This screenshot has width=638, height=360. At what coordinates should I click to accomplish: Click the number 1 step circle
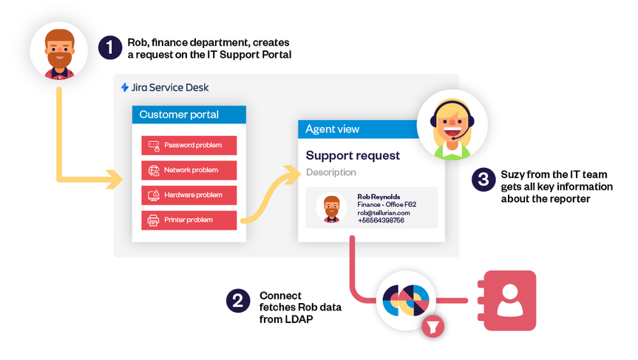coord(109,47)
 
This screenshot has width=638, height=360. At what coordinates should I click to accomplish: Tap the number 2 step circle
coord(237,301)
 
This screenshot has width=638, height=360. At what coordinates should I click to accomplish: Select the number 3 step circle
coord(483,179)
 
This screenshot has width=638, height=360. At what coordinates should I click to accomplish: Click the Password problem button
coord(189,146)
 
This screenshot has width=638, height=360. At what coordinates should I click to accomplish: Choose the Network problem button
coord(189,170)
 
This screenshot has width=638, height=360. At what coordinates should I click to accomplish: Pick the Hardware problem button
coord(189,195)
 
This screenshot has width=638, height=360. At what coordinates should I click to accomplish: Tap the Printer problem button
coord(189,220)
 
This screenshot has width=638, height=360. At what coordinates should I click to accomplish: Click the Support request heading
coord(353,155)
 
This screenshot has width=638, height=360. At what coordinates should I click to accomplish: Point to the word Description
coord(331,172)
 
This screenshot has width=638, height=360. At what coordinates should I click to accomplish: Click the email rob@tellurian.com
coord(384,212)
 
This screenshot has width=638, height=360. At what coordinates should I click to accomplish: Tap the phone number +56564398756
coord(381,220)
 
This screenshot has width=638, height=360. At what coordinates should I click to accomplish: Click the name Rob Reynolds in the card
coord(379,197)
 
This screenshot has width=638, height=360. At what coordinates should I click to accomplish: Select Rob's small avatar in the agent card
coord(332,208)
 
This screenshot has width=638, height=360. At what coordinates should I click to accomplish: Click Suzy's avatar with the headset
coord(449,126)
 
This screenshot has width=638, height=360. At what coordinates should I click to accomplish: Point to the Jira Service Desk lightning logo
coord(125,87)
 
